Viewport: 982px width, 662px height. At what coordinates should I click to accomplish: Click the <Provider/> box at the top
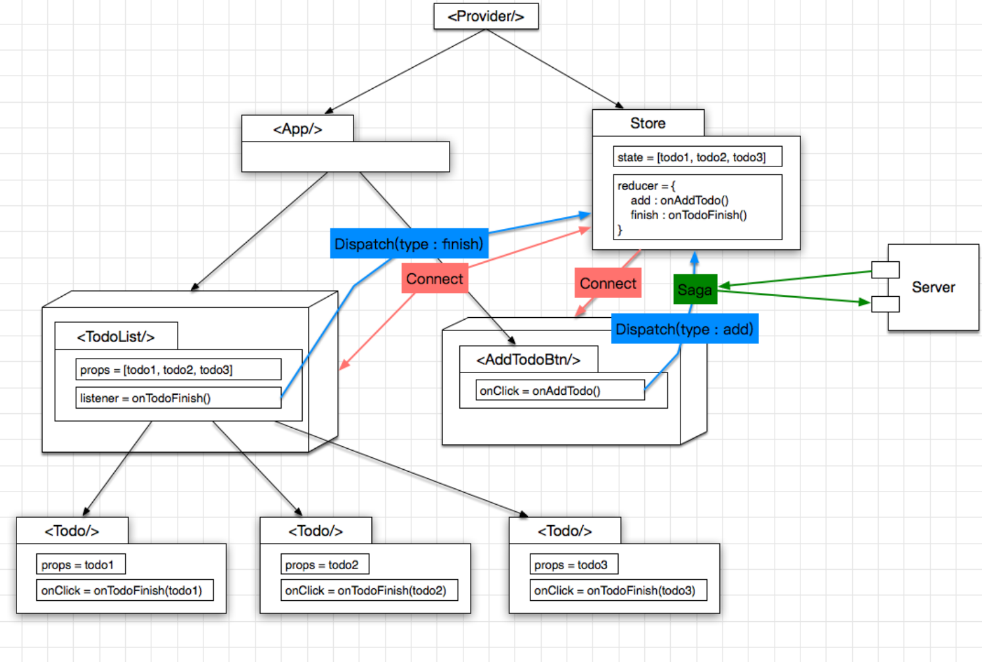[x=486, y=16]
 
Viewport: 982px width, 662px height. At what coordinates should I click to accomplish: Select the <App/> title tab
[x=297, y=129]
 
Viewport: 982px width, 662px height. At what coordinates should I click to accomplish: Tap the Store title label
[x=648, y=124]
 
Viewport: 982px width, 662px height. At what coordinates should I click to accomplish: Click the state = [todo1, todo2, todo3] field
[x=698, y=157]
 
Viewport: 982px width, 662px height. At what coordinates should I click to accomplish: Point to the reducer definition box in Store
[x=698, y=207]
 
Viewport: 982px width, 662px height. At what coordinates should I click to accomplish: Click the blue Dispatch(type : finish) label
[x=409, y=244]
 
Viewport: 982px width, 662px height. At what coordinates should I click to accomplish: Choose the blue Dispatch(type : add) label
[x=685, y=329]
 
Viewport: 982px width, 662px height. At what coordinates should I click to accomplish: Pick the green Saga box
[x=695, y=290]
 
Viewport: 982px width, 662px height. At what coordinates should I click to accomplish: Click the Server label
[x=933, y=288]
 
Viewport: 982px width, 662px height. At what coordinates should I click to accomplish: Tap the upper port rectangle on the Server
[x=885, y=269]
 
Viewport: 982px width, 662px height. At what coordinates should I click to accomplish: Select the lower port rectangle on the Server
[x=885, y=304]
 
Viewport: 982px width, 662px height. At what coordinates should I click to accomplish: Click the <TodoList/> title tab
[x=116, y=337]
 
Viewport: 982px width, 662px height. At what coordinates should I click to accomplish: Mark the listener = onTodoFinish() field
[x=178, y=398]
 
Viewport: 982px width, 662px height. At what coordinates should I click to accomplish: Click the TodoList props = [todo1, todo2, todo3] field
[x=178, y=370]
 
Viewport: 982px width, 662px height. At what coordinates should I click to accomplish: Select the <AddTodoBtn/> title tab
[x=529, y=360]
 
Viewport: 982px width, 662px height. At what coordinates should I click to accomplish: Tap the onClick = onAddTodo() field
[x=560, y=391]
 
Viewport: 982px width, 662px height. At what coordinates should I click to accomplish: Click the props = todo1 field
[x=81, y=565]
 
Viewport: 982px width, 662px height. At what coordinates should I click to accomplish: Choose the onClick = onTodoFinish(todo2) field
[x=369, y=590]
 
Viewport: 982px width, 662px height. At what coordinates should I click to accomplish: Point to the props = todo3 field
[x=574, y=565]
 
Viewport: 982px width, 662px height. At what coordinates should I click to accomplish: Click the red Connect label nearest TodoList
[x=434, y=279]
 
